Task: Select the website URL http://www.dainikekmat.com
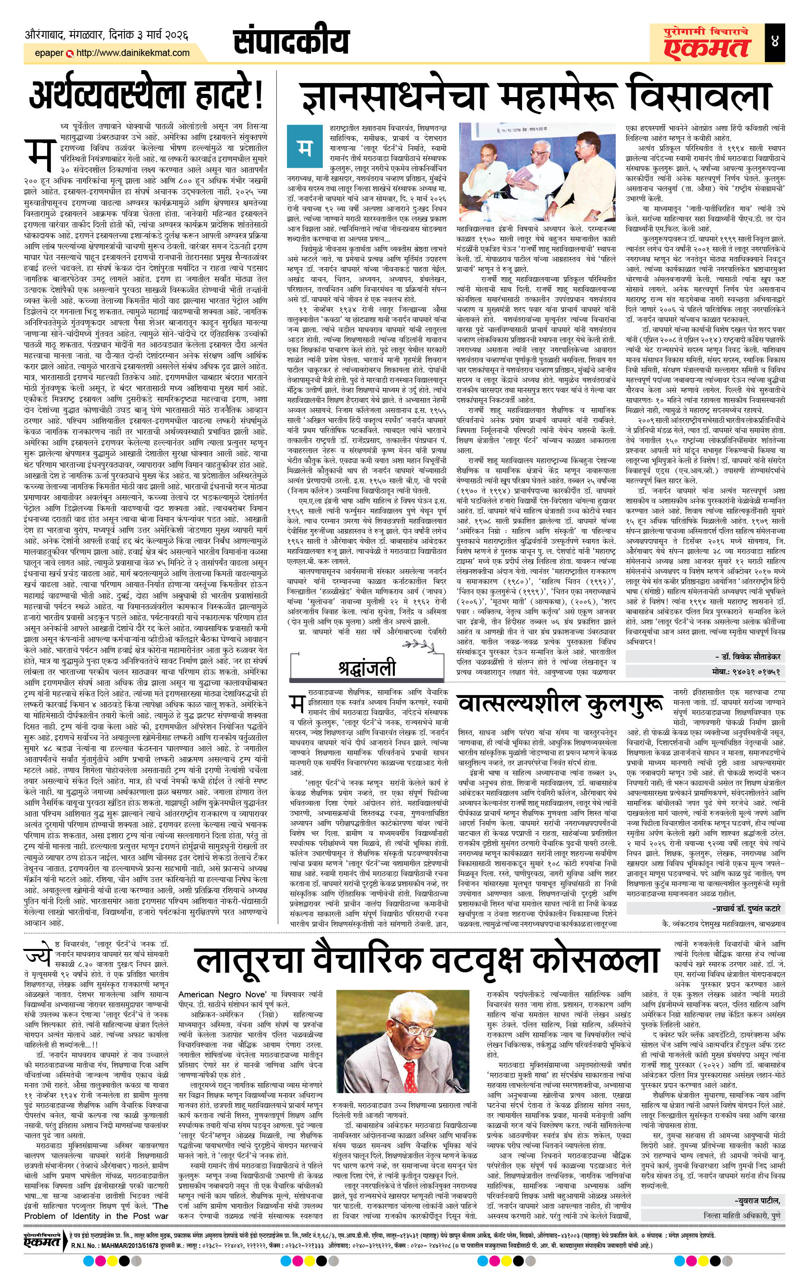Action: tap(133, 53)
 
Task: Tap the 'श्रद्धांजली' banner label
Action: tap(367, 668)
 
